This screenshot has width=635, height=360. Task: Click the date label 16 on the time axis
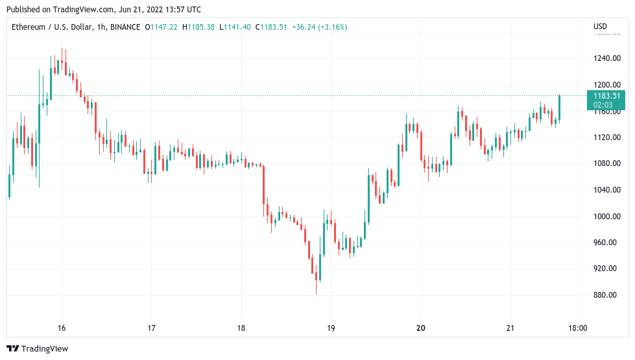[62, 328]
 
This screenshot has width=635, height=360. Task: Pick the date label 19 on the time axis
[331, 328]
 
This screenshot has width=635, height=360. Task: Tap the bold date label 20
[421, 328]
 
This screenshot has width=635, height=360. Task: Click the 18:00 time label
[577, 328]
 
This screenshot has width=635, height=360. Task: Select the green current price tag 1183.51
[606, 96]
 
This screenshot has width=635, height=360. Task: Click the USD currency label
[600, 27]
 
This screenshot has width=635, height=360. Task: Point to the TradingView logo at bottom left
[38, 348]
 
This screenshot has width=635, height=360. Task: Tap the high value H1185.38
[200, 27]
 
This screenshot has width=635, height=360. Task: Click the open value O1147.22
[163, 27]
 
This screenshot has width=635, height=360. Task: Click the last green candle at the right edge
[559, 108]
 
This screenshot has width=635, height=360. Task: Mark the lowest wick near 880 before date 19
[317, 292]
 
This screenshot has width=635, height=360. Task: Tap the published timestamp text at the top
[104, 10]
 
